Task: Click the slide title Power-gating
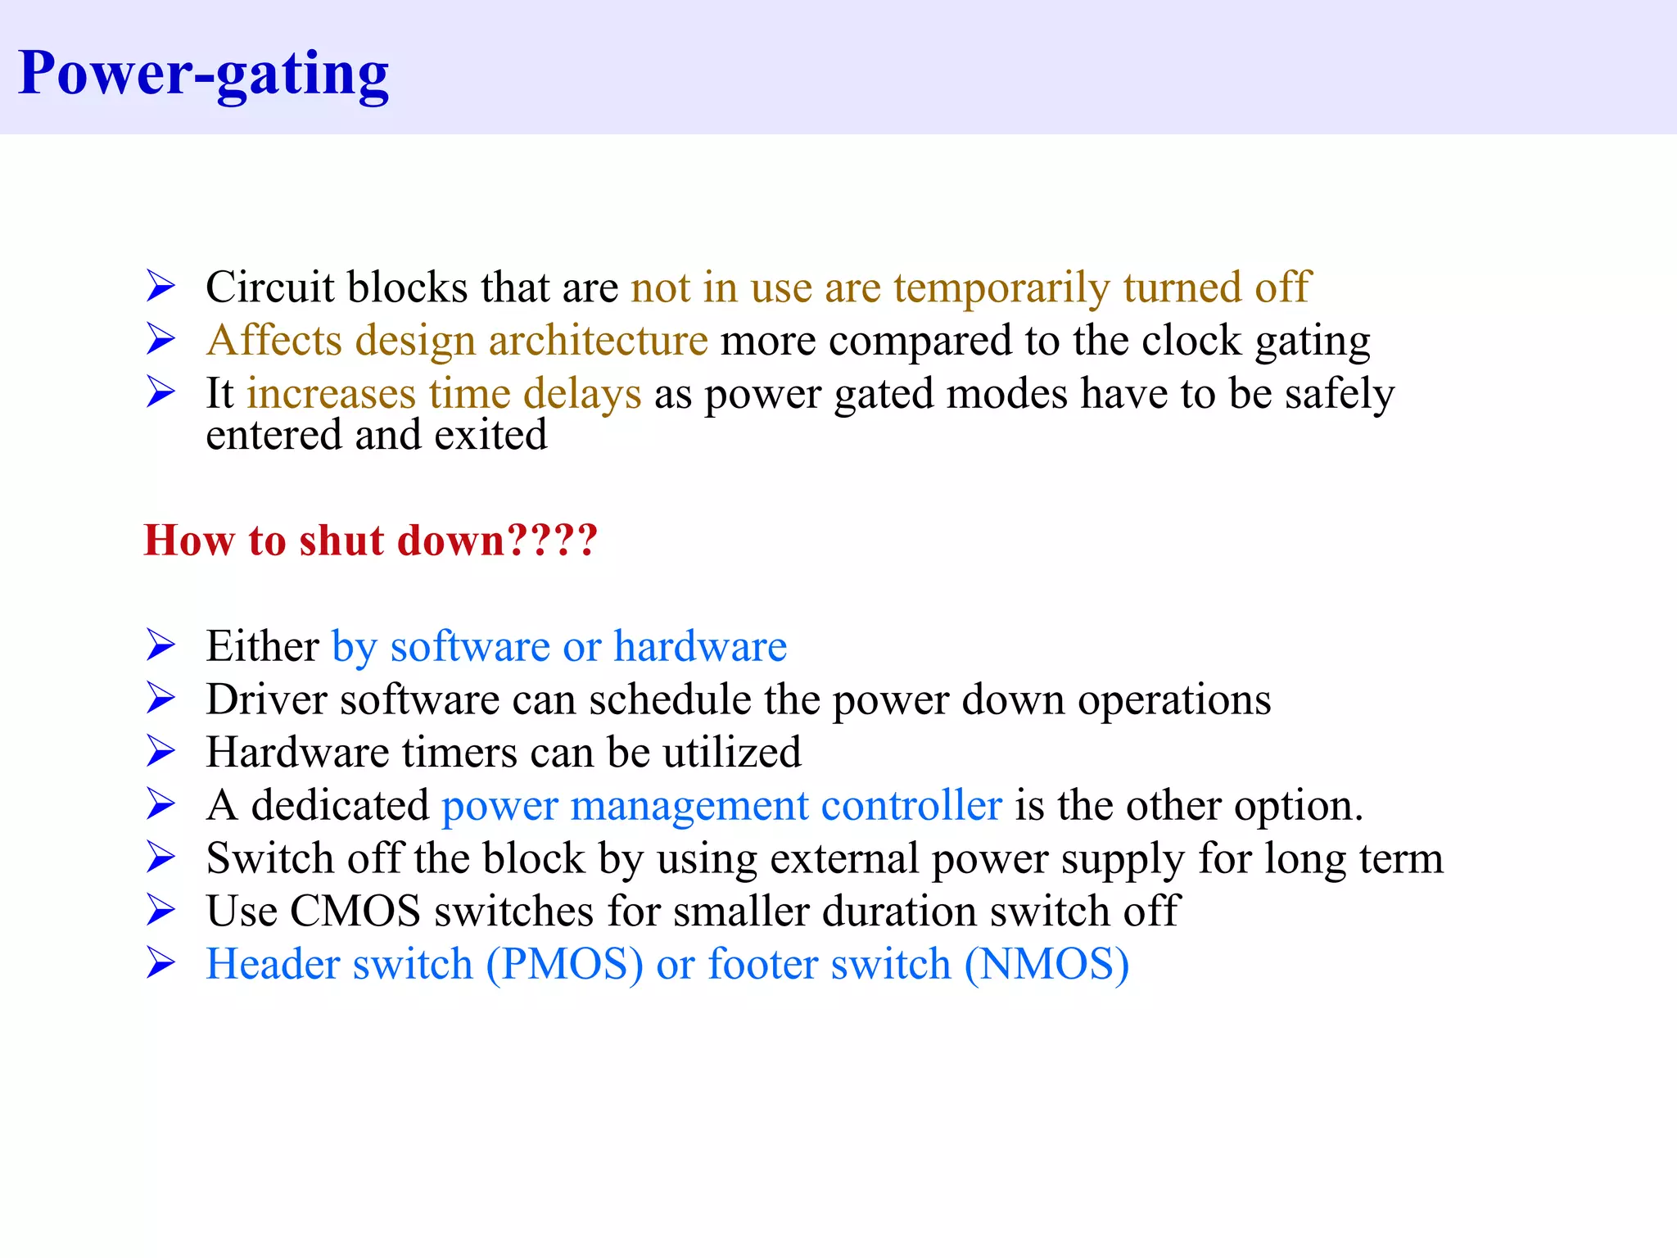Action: [203, 74]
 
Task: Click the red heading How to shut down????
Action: [370, 541]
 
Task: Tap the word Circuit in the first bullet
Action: [270, 287]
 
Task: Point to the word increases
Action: [332, 394]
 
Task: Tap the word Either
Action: [262, 646]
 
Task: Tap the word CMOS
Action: [355, 912]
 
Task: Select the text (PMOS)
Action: [564, 965]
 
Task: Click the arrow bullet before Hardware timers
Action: [161, 751]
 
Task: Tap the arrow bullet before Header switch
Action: [161, 963]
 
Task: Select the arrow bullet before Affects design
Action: [161, 339]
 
